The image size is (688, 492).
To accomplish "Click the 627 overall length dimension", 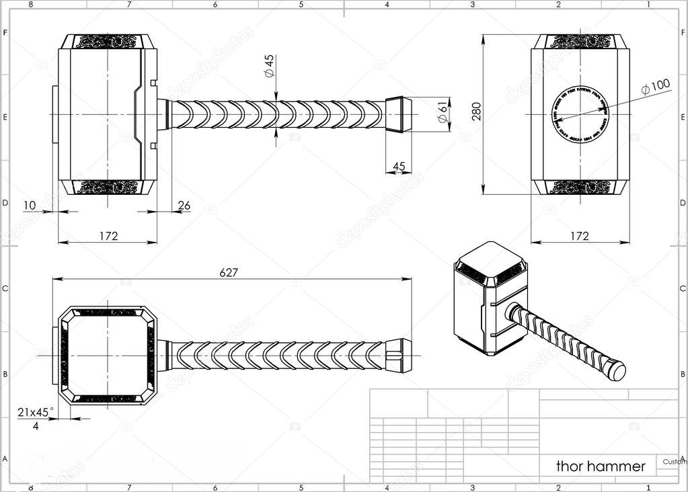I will (229, 272).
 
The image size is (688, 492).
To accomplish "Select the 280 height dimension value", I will (477, 111).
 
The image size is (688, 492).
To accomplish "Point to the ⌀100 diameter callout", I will (656, 86).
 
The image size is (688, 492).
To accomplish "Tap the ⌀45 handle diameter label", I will (269, 65).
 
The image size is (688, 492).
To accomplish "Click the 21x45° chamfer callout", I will (36, 412).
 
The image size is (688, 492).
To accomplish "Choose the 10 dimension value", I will (30, 205).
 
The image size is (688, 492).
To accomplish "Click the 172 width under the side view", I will (108, 236).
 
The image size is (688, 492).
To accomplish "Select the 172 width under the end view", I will (579, 236).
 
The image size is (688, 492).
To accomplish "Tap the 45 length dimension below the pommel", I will (398, 166).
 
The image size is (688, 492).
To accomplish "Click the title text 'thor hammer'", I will (601, 466).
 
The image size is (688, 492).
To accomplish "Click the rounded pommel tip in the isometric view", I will (616, 370).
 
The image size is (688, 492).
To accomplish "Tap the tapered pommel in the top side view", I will (398, 114).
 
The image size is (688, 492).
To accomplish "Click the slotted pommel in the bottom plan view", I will (398, 355).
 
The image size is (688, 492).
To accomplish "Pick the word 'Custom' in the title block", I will (674, 462).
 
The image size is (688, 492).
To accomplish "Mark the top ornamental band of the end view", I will (580, 42).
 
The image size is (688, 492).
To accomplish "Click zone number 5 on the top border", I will (301, 4).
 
